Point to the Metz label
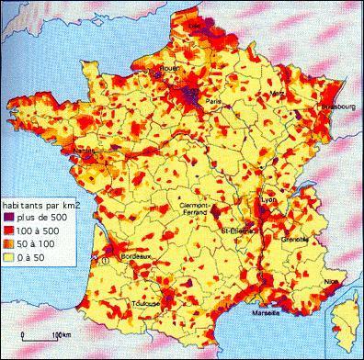[x=273, y=94]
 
